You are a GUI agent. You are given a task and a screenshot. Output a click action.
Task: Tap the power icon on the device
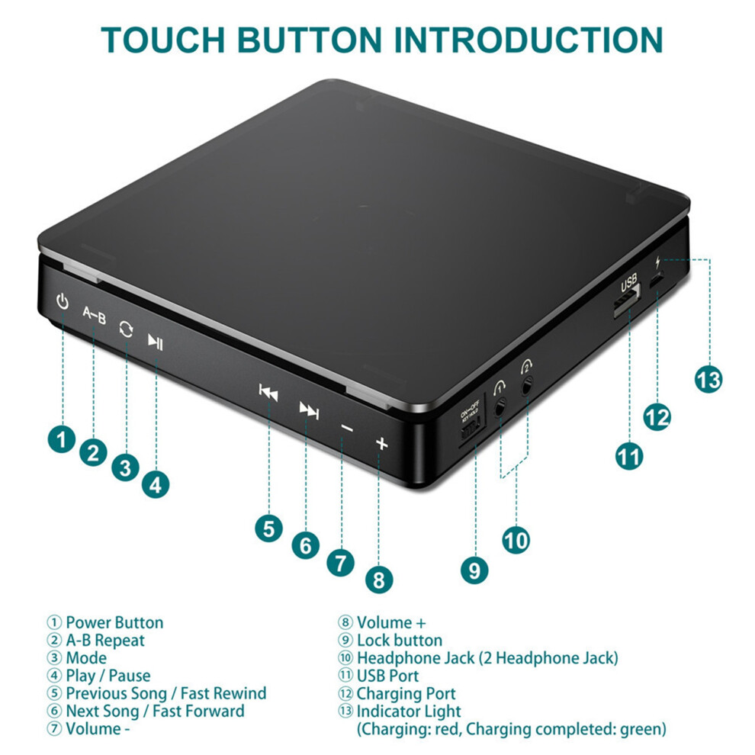click(62, 301)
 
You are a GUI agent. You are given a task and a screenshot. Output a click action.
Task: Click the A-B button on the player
click(94, 315)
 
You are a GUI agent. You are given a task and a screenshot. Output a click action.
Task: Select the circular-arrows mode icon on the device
click(126, 329)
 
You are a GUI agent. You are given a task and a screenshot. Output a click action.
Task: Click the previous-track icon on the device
click(268, 392)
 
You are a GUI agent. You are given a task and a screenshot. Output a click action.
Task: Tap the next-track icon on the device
click(309, 410)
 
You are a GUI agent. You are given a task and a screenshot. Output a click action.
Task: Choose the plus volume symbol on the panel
click(381, 443)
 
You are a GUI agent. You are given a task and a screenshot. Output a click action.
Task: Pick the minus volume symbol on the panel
click(347, 428)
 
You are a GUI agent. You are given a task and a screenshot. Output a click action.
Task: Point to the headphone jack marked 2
click(527, 385)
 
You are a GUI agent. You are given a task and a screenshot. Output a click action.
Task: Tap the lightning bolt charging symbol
click(657, 262)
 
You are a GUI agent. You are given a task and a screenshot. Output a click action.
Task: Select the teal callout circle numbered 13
click(708, 380)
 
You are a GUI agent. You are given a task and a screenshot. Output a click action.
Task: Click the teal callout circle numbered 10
click(516, 540)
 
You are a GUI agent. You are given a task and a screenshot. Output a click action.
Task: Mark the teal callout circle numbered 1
click(62, 439)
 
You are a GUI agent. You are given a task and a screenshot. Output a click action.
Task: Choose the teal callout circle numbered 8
click(379, 580)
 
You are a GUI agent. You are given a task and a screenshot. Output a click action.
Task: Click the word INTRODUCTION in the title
click(528, 40)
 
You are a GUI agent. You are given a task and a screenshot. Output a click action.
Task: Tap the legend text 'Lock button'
click(400, 640)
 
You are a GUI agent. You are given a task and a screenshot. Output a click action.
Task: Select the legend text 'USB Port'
click(387, 676)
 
